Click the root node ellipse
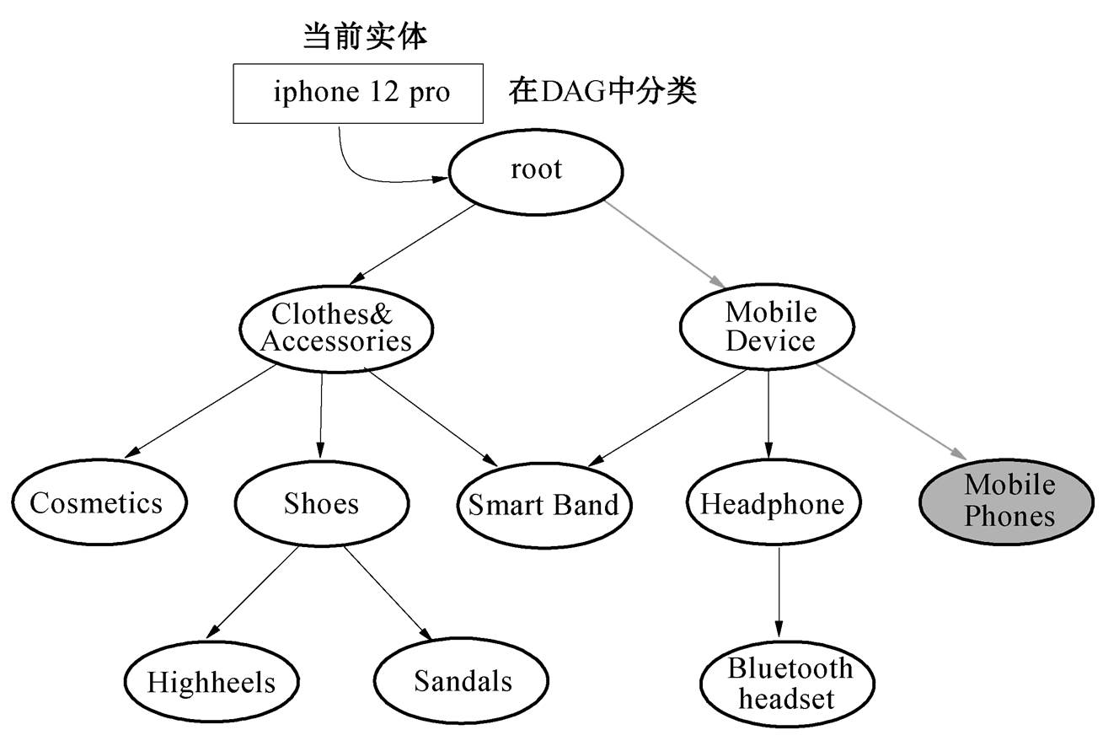pyautogui.click(x=536, y=171)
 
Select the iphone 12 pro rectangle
pyautogui.click(x=358, y=93)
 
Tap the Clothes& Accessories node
pyautogui.click(x=336, y=328)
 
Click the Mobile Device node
pyautogui.click(x=768, y=326)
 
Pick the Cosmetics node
pyautogui.click(x=99, y=503)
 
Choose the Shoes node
pyautogui.click(x=321, y=504)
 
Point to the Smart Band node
pyautogui.click(x=543, y=505)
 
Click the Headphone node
pyautogui.click(x=772, y=504)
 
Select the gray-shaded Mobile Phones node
pyautogui.click(x=1009, y=501)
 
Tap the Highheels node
pyautogui.click(x=211, y=681)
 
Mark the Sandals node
pyautogui.click(x=463, y=680)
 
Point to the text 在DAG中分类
pyautogui.click(x=603, y=92)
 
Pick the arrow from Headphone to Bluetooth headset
pyautogui.click(x=779, y=590)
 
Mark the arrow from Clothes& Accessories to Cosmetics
pyautogui.click(x=202, y=411)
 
